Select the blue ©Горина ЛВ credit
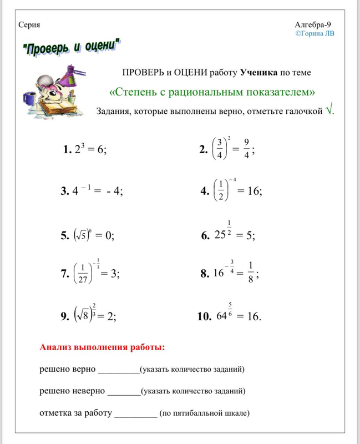point(315,33)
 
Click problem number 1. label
point(68,149)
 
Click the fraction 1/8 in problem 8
point(251,273)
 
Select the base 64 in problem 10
point(221,317)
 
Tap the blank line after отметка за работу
point(135,413)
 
